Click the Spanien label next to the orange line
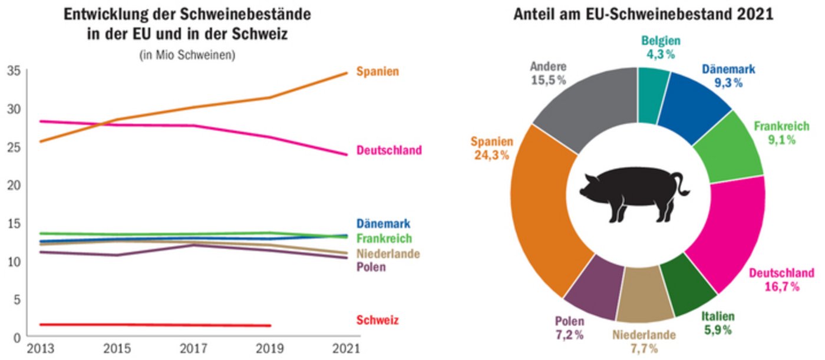coord(378,72)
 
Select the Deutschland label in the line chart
coord(389,150)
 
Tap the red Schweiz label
coord(377,321)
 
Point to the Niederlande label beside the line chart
coord(388,254)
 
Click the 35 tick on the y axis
coord(14,71)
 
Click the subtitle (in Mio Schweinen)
coord(187,55)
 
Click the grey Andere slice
coord(589,103)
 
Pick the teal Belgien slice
coord(652,94)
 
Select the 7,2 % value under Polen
coord(569,335)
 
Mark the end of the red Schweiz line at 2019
coord(270,325)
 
